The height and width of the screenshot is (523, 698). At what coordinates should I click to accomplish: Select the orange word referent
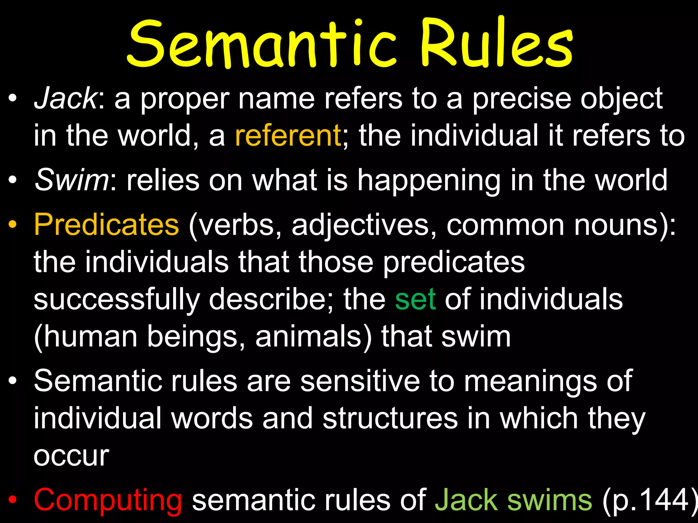[288, 136]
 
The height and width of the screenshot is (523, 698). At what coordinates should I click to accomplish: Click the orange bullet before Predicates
[13, 225]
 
